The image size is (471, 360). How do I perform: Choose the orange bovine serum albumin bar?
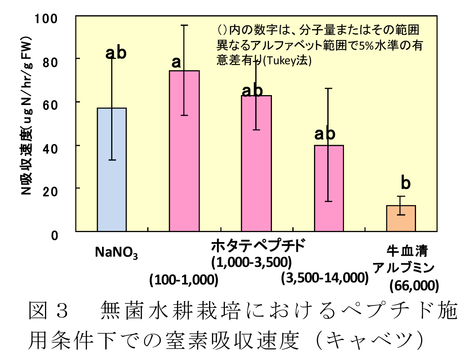coord(401,218)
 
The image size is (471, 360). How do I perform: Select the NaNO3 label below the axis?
coord(117,252)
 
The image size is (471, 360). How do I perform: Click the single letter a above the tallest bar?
coord(177,62)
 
